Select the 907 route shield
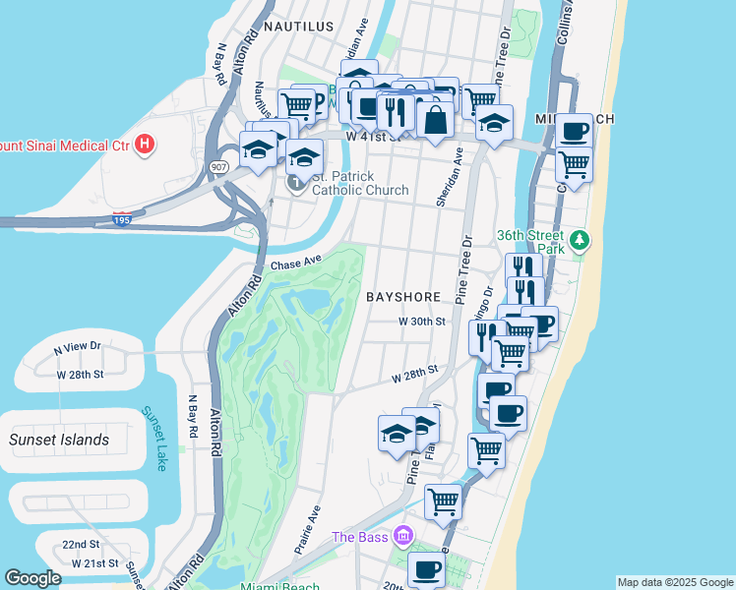tap(216, 166)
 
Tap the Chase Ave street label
tap(295, 263)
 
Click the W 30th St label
tap(422, 322)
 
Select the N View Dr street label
tap(78, 347)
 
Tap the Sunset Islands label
tap(59, 440)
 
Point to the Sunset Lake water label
tap(155, 439)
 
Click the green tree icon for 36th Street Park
tap(581, 239)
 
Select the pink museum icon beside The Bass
tap(401, 536)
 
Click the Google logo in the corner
tap(32, 578)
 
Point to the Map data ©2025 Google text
tap(674, 582)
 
